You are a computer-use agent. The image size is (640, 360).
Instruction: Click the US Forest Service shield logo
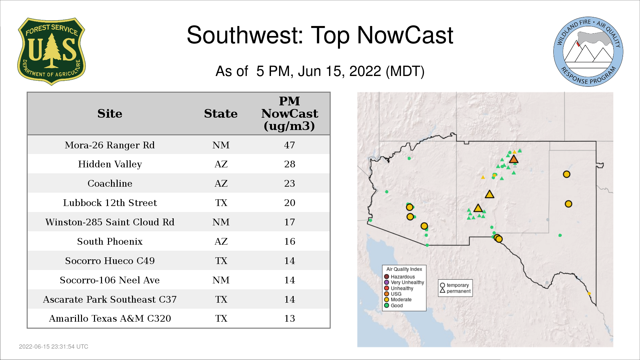(x=51, y=52)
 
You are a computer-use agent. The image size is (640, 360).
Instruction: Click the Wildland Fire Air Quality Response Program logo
(x=588, y=52)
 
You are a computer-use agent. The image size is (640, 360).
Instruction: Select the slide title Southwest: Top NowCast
(x=320, y=35)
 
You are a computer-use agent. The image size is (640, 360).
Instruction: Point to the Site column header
(x=110, y=114)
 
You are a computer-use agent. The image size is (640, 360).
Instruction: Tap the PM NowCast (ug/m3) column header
(x=289, y=113)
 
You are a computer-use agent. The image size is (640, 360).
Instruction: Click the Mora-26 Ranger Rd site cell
(x=110, y=145)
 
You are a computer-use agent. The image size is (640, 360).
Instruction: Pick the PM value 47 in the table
(x=289, y=145)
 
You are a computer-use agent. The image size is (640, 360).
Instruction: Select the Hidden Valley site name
(x=110, y=164)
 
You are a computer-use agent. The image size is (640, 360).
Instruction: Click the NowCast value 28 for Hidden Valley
(x=289, y=164)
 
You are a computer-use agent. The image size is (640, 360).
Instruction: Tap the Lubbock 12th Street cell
(x=110, y=203)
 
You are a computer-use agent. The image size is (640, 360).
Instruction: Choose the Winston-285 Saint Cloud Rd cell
(x=110, y=222)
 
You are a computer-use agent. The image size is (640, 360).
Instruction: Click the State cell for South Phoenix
(x=221, y=241)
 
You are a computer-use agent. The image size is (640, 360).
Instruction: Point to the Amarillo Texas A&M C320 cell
(x=110, y=318)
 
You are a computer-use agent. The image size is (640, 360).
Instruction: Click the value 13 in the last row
(x=289, y=318)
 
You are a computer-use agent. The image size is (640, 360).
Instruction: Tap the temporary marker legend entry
(x=454, y=285)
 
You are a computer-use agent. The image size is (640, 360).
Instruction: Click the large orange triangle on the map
(x=514, y=159)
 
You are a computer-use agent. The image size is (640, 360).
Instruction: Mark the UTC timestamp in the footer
(x=54, y=347)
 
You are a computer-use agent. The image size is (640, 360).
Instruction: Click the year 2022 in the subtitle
(x=365, y=71)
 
